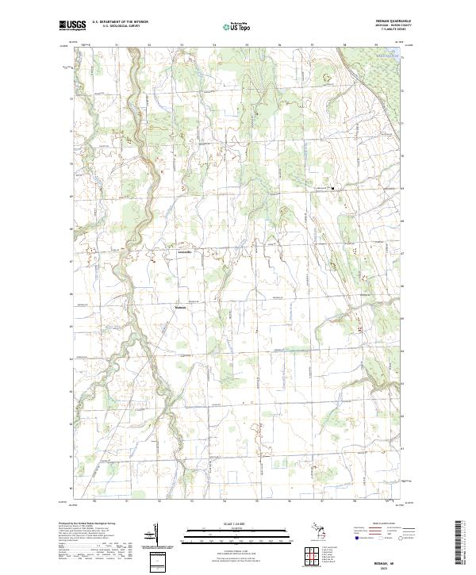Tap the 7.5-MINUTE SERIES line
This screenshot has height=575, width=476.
pos(391,31)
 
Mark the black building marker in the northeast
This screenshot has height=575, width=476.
pos(333,188)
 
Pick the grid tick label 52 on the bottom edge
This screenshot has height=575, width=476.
pos(159,501)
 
